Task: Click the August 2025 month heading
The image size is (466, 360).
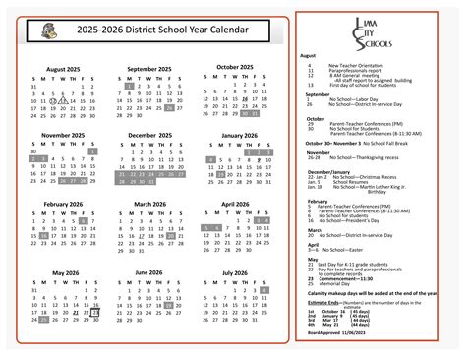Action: coord(63,69)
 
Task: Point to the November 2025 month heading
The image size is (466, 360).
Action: coord(62,135)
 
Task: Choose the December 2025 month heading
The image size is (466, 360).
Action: coord(149,135)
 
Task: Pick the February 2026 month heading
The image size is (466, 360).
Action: coord(62,204)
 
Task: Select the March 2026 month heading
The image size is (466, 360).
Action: coord(149,204)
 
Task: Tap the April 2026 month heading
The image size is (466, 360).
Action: coord(235,204)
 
